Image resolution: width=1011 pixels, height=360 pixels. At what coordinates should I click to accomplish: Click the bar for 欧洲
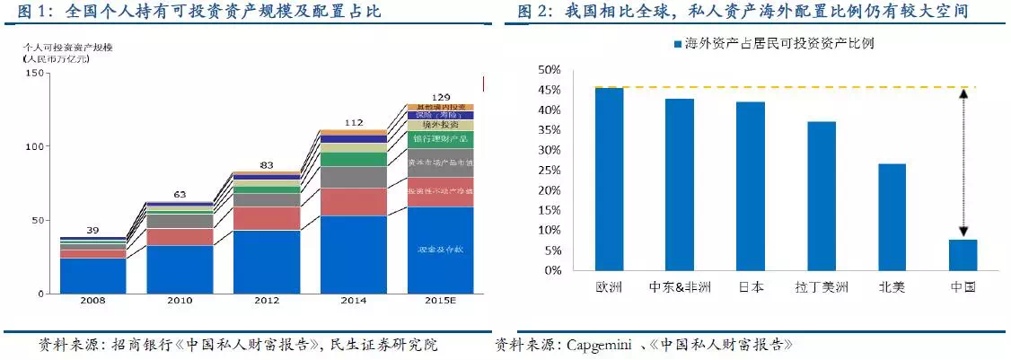tap(609, 179)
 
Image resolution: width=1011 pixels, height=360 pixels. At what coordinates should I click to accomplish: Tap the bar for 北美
tap(892, 216)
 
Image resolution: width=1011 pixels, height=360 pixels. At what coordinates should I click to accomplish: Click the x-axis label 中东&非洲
tap(679, 287)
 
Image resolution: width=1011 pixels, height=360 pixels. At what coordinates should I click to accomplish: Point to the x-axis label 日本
tap(751, 287)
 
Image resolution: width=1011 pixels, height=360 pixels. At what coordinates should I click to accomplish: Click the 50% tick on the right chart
tap(549, 70)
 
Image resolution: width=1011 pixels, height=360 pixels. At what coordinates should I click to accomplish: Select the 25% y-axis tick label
tap(549, 170)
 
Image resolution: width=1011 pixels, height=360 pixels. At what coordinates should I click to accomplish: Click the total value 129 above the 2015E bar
tap(441, 96)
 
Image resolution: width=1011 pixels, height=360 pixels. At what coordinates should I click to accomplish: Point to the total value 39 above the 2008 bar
tap(93, 230)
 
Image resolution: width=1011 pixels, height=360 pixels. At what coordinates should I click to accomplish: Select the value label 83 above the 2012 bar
tap(268, 164)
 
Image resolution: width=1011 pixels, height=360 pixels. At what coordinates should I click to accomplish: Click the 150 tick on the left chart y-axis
tap(36, 73)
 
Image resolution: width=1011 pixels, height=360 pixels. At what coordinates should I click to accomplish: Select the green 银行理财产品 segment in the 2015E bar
tap(440, 139)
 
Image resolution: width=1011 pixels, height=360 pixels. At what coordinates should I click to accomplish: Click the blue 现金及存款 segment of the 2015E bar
tap(440, 250)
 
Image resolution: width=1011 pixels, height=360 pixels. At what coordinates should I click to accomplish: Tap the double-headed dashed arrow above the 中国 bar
tap(963, 162)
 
